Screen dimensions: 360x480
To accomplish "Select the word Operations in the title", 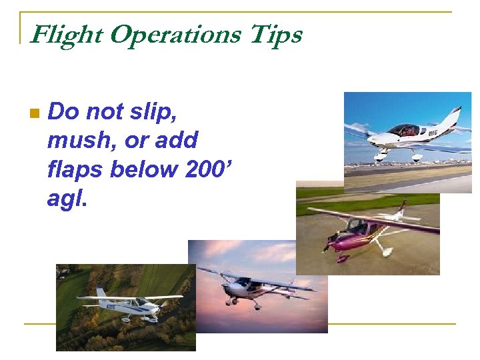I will tap(174, 35).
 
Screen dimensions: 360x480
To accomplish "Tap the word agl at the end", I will tap(66, 199).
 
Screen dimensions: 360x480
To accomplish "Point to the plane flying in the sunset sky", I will tap(257, 287).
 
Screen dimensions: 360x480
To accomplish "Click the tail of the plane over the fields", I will tap(101, 293).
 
